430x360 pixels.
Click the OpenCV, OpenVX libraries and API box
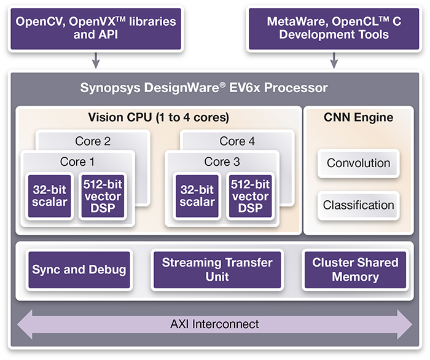click(95, 28)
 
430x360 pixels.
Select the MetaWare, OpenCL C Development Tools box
click(334, 28)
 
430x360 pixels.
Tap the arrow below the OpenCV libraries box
click(95, 60)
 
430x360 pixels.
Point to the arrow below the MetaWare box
click(334, 60)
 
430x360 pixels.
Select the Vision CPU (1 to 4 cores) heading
click(158, 117)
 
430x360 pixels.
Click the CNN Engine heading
click(359, 117)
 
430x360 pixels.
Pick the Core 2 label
click(93, 141)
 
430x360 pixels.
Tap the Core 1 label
click(77, 162)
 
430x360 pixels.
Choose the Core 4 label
click(237, 141)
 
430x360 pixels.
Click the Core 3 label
click(222, 162)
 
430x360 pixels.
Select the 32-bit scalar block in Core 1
click(50, 196)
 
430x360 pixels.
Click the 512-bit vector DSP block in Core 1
click(102, 196)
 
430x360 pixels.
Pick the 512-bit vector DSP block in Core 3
click(249, 196)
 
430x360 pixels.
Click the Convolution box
click(358, 163)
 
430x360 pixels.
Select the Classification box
click(358, 205)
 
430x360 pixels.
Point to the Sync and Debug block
click(79, 270)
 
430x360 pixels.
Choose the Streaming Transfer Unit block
click(217, 270)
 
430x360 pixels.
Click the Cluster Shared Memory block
click(355, 270)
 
